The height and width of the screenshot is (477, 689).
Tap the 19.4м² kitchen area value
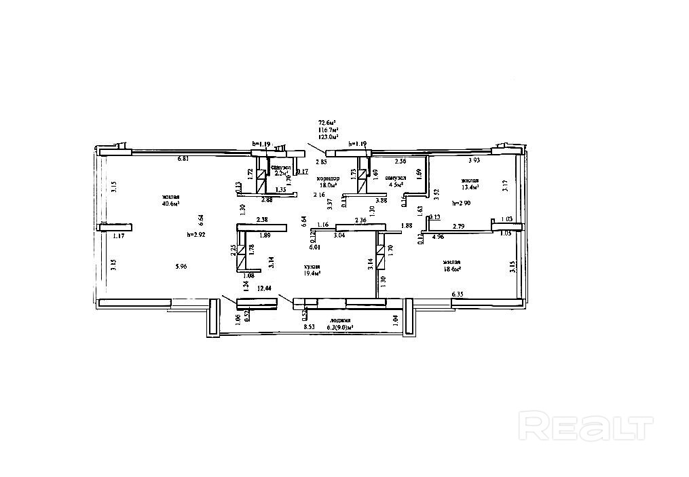313,273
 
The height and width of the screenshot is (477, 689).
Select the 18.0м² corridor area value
329,185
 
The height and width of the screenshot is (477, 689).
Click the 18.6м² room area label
452,269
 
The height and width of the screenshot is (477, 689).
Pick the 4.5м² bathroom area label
394,184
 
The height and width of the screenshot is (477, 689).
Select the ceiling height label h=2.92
197,235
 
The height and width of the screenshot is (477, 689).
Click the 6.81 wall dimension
182,159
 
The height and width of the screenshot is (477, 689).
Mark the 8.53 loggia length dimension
308,327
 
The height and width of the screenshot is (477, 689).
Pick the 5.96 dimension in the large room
180,267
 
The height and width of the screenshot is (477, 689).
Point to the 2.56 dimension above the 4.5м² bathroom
401,161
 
